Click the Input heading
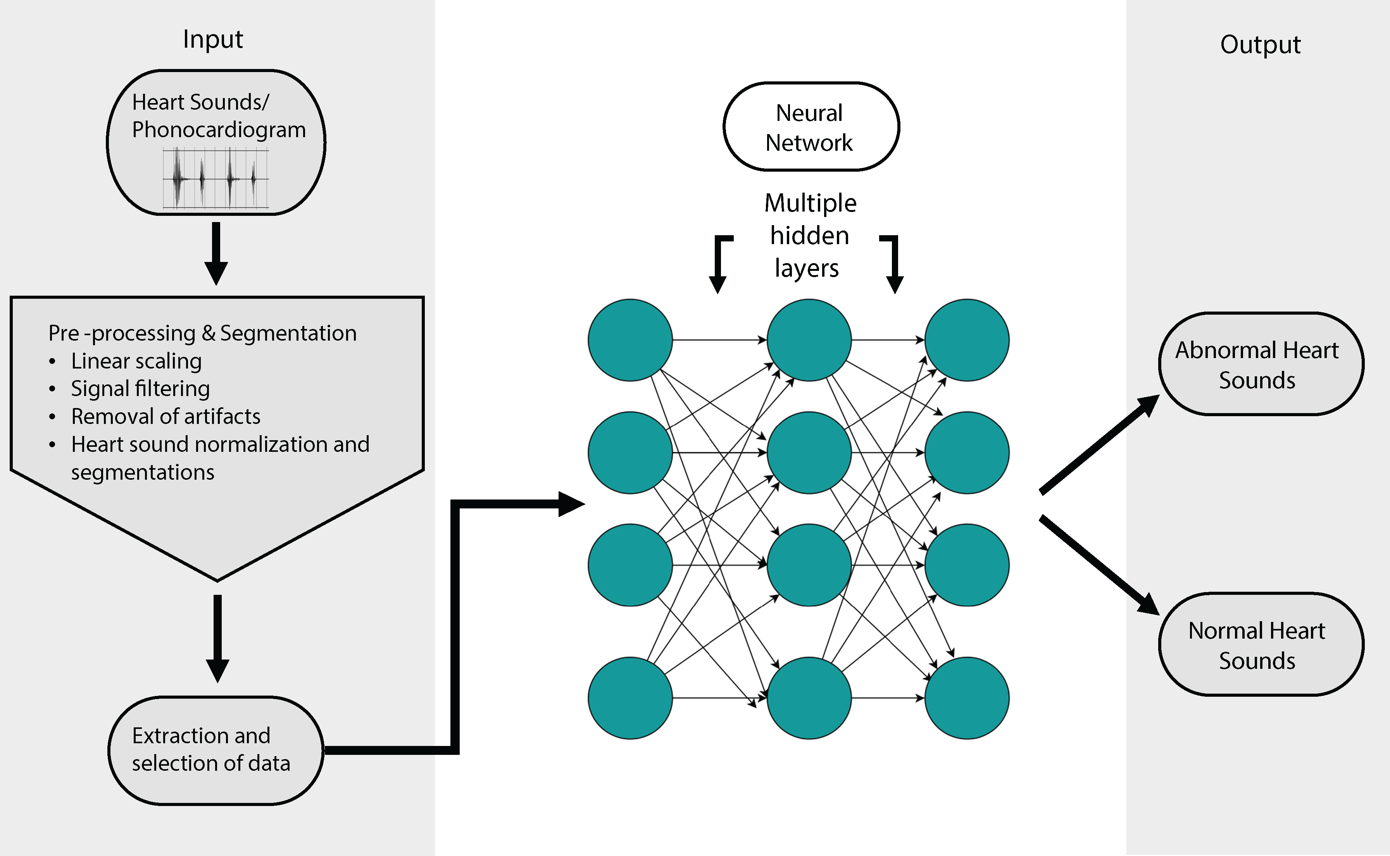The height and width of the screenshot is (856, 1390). click(x=213, y=40)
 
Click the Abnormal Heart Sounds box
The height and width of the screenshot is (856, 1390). click(x=1261, y=364)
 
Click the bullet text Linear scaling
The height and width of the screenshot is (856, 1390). click(x=136, y=361)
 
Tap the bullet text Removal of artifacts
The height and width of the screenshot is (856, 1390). click(x=166, y=417)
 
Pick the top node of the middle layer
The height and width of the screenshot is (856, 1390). click(x=809, y=340)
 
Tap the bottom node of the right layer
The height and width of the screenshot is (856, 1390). click(x=966, y=698)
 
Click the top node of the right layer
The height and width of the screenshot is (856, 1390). click(x=966, y=340)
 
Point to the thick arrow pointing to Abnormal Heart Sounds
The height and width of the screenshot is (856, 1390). click(x=1099, y=444)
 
